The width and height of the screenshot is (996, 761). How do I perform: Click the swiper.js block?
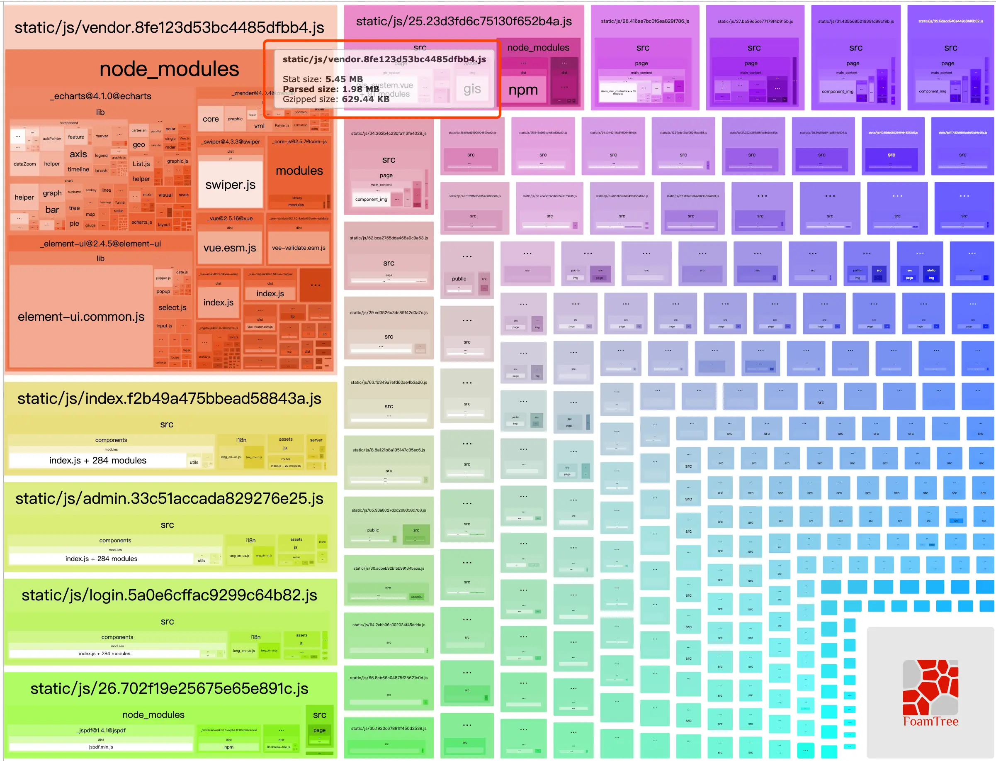click(230, 184)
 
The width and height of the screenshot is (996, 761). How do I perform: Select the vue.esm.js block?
click(230, 248)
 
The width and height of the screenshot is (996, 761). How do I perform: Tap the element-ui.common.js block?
click(81, 317)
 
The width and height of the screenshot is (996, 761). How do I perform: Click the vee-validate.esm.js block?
click(299, 248)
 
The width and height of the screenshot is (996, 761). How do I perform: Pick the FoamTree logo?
click(930, 693)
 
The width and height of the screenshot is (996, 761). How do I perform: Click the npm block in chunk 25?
click(523, 90)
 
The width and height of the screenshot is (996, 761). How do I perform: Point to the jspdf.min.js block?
click(101, 747)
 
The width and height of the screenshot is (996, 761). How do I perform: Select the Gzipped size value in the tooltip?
click(365, 99)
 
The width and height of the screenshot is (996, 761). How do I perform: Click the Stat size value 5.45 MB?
click(344, 79)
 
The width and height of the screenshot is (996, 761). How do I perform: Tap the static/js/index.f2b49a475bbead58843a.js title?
click(169, 399)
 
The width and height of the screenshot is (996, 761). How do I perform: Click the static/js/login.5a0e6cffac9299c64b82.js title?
click(169, 595)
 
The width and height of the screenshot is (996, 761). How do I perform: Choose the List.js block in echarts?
click(141, 164)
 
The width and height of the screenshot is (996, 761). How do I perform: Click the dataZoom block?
click(24, 164)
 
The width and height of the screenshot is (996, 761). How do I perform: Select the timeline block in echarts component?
click(78, 169)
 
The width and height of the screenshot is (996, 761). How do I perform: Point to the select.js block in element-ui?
click(172, 307)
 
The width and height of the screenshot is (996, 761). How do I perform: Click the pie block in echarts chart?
click(74, 223)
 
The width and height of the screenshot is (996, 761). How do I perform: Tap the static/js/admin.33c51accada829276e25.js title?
click(169, 498)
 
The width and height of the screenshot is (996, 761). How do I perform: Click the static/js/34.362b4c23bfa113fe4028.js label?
click(389, 134)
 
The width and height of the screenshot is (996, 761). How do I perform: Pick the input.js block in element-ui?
click(164, 326)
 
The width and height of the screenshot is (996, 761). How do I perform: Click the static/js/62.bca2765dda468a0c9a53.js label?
click(389, 238)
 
